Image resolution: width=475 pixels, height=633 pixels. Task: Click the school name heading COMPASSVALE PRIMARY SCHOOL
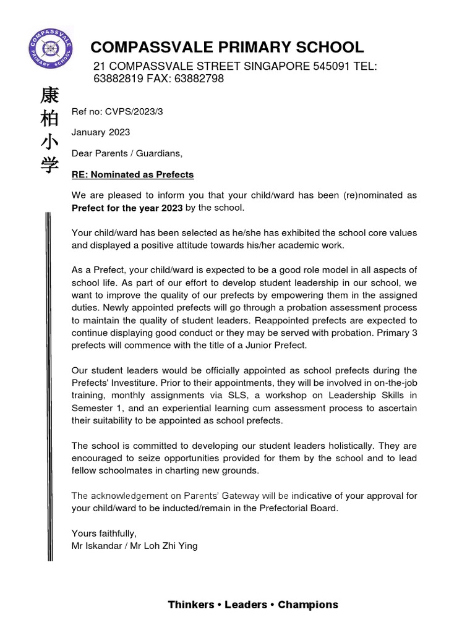227,47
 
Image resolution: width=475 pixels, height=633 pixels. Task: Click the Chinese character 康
49,96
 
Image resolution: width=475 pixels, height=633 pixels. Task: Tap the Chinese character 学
49,165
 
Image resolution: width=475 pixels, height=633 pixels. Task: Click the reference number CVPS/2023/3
137,111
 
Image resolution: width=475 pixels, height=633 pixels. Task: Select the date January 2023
101,132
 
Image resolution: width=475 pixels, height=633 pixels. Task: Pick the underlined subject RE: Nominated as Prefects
133,174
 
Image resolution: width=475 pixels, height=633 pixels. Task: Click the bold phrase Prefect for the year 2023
127,208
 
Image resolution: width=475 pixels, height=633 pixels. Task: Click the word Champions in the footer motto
308,605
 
